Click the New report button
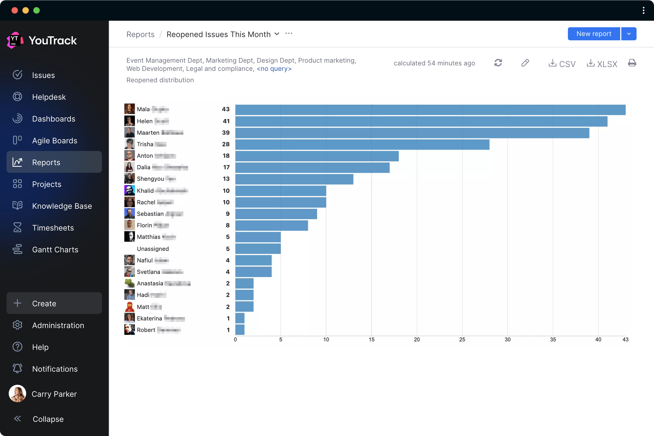[594, 34]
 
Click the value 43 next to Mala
[226, 109]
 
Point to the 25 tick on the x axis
[462, 340]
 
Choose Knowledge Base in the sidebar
[62, 206]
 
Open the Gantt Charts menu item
[55, 250]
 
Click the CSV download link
[562, 64]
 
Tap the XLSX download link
[602, 64]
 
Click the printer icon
[632, 63]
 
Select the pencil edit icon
[525, 63]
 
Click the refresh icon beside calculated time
[498, 63]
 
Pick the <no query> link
[274, 69]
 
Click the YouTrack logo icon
[14, 40]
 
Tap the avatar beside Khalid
[129, 191]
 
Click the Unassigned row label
[153, 249]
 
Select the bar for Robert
[240, 330]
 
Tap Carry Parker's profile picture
[17, 394]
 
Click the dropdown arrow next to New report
[629, 34]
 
